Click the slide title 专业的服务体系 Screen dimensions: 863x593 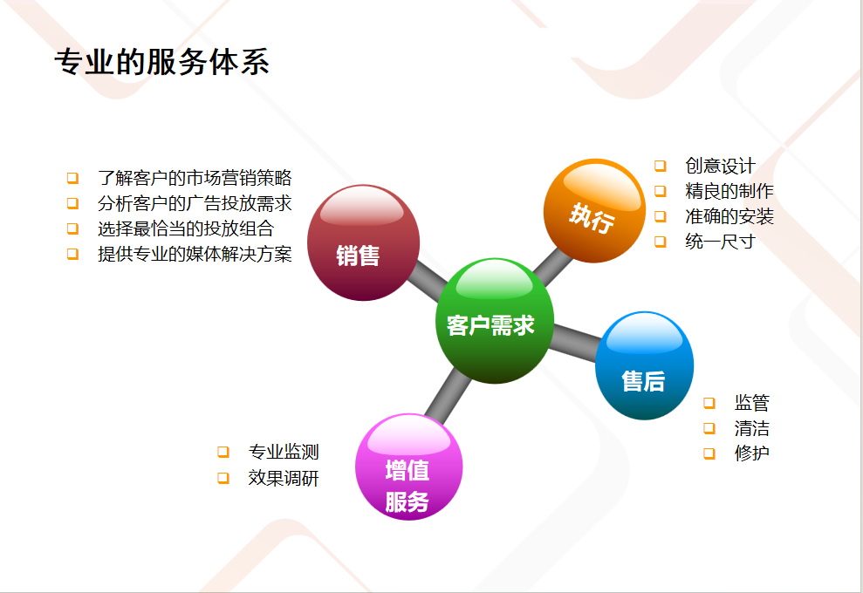point(161,61)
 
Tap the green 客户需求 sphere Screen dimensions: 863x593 point(494,321)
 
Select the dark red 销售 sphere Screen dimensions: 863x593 point(363,242)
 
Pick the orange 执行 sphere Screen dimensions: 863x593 point(594,211)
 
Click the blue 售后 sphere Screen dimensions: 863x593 point(644,365)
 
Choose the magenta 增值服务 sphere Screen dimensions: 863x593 point(409,467)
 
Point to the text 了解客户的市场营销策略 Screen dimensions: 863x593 point(195,178)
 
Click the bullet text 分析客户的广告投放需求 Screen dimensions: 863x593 point(195,203)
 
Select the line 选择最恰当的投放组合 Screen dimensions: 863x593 point(186,228)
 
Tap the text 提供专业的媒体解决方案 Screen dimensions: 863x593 point(195,254)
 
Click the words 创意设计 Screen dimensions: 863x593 point(721,166)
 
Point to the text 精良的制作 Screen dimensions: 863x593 point(729,191)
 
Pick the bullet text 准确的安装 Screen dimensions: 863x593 point(729,216)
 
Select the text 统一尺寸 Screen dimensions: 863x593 point(721,241)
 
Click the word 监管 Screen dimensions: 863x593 point(752,403)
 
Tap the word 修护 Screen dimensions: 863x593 point(752,453)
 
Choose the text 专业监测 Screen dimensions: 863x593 point(284,452)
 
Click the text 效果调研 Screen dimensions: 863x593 point(284,478)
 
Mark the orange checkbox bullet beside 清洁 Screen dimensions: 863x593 point(709,428)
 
